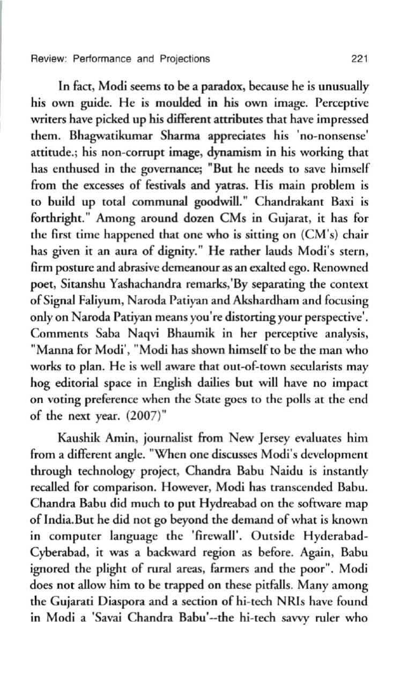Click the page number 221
tap(358, 59)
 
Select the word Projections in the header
tap(184, 59)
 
